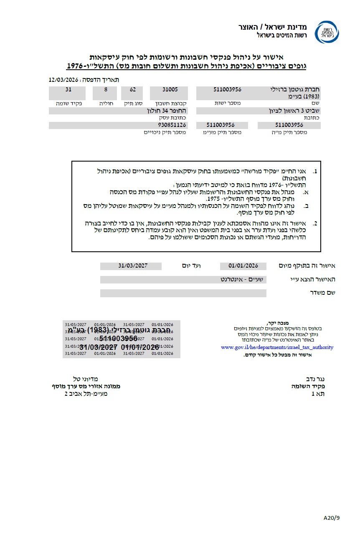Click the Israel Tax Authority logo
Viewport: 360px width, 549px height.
327,33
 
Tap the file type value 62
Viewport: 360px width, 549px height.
132,90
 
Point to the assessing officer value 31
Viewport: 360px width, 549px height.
68,90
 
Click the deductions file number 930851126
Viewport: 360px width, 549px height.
172,125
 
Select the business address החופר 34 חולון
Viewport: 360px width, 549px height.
167,111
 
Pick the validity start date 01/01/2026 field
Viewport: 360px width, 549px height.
243,266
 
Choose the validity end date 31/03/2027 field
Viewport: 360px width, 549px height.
133,266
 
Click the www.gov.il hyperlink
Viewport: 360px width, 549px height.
277,347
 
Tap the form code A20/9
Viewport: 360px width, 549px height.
332,518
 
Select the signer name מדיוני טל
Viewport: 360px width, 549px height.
86,379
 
